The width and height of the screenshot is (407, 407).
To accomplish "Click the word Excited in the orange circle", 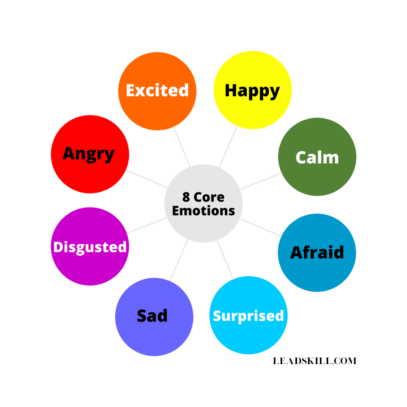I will pyautogui.click(x=157, y=91).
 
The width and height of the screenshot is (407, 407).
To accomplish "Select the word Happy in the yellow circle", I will pyautogui.click(x=252, y=91).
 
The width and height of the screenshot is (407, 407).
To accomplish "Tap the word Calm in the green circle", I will pyautogui.click(x=317, y=158).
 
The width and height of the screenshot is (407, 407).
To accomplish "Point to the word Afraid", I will pyautogui.click(x=317, y=253).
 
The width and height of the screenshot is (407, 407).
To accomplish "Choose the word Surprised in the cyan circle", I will pyautogui.click(x=248, y=316).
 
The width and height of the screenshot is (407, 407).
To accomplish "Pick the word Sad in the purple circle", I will pyautogui.click(x=152, y=316).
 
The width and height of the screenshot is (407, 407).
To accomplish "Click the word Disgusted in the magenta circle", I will pyautogui.click(x=90, y=247).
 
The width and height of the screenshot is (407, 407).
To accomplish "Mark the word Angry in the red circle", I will pyautogui.click(x=89, y=154).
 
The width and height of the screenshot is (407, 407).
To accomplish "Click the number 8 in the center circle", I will pyautogui.click(x=186, y=197).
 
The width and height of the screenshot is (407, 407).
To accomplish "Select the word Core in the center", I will pyautogui.click(x=209, y=197).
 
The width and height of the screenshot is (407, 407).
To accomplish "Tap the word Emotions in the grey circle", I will pyautogui.click(x=203, y=211).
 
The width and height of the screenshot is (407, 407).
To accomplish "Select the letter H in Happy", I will pyautogui.click(x=231, y=90).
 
